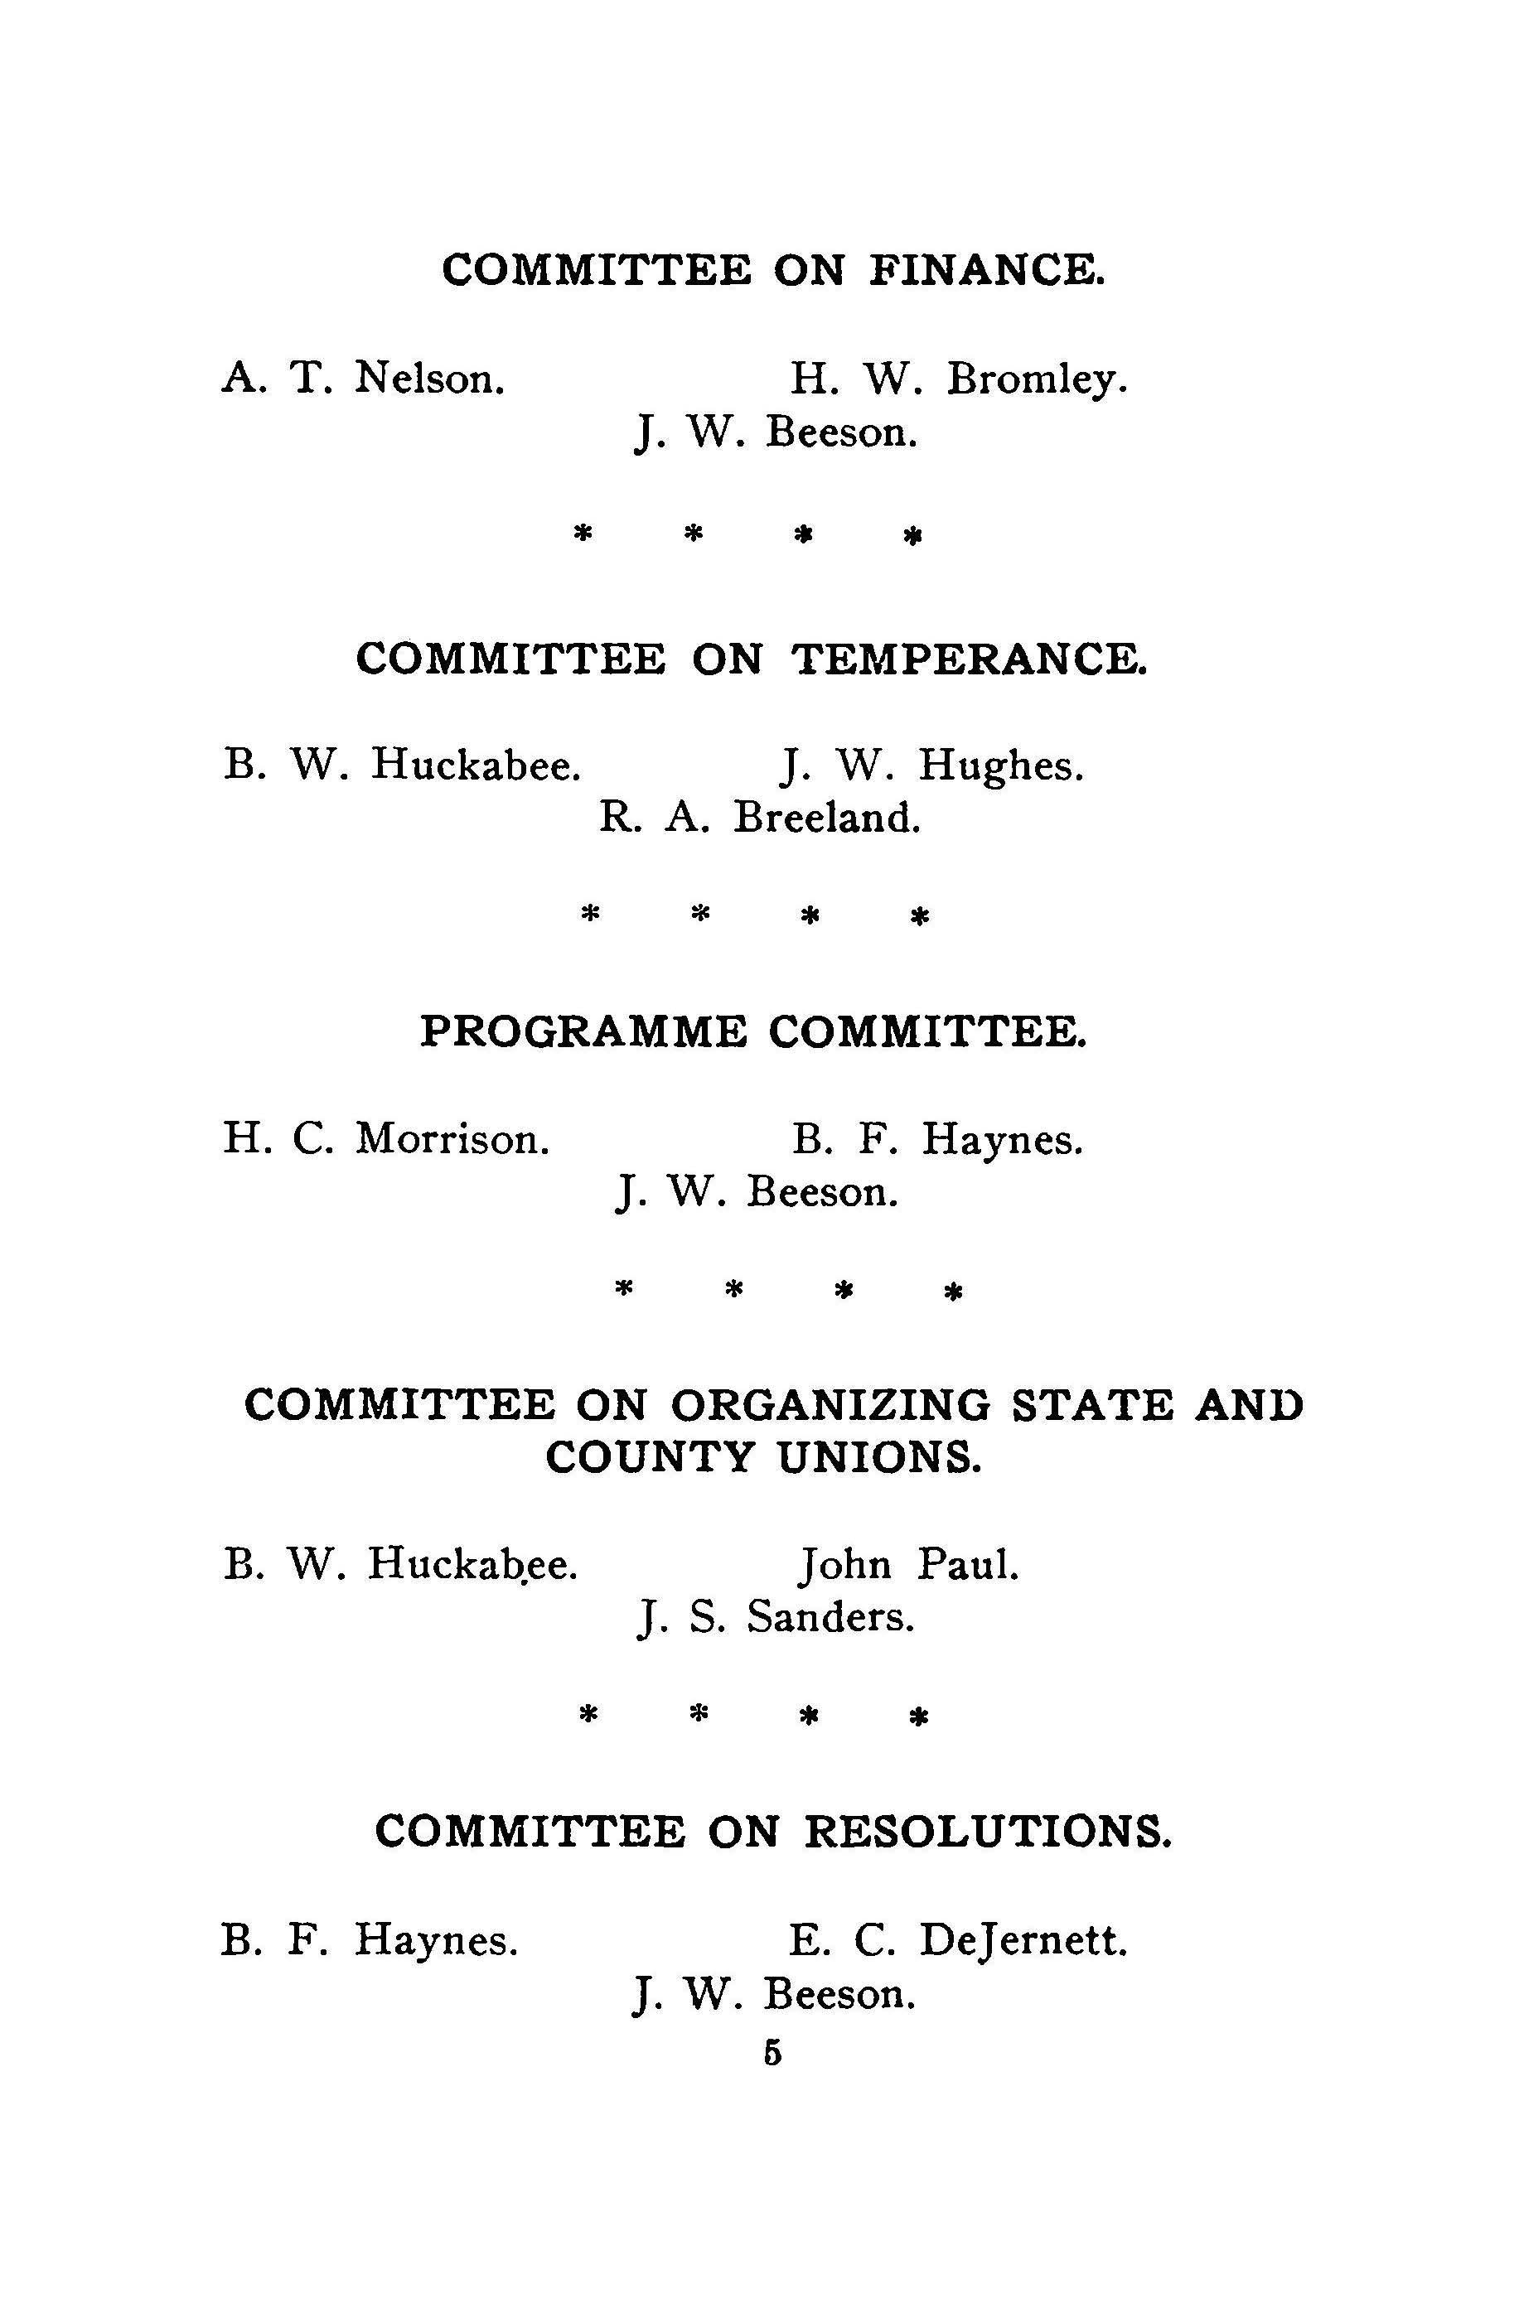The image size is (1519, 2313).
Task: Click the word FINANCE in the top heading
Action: (x=986, y=269)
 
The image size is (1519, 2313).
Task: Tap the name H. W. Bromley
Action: (x=958, y=379)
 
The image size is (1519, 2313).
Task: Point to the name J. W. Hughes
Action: (x=931, y=765)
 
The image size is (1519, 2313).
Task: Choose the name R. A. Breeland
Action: (x=759, y=818)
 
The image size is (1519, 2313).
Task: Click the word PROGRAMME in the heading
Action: (x=583, y=1031)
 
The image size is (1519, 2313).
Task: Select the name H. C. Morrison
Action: (x=386, y=1138)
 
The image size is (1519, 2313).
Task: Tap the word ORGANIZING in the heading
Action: (x=830, y=1405)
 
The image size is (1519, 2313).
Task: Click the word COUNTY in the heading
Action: (x=649, y=1458)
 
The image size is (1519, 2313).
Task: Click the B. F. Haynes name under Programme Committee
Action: (x=937, y=1138)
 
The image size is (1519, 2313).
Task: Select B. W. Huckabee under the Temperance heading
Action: (x=403, y=765)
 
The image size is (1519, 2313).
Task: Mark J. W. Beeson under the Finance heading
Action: (x=776, y=432)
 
